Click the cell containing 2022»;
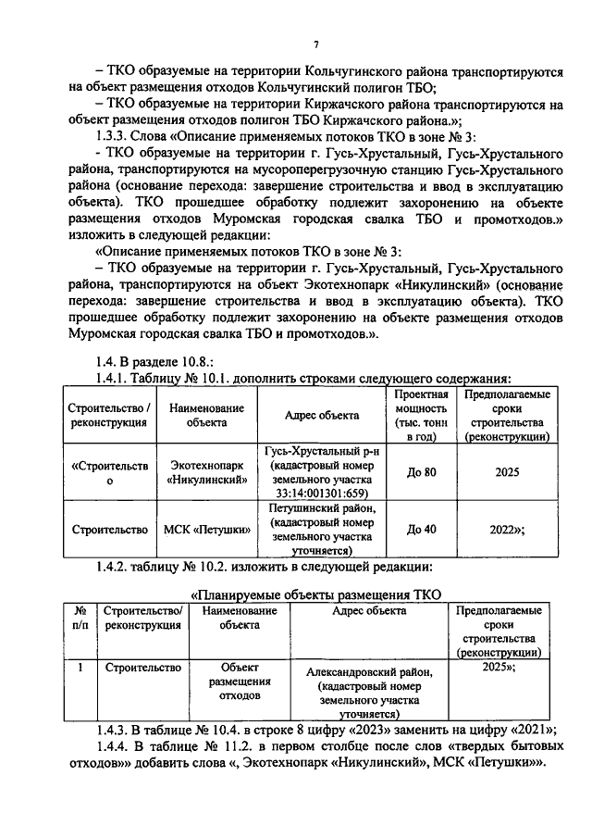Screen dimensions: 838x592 (x=506, y=530)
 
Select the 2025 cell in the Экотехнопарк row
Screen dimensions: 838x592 (x=506, y=472)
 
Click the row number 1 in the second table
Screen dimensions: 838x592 (x=80, y=666)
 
